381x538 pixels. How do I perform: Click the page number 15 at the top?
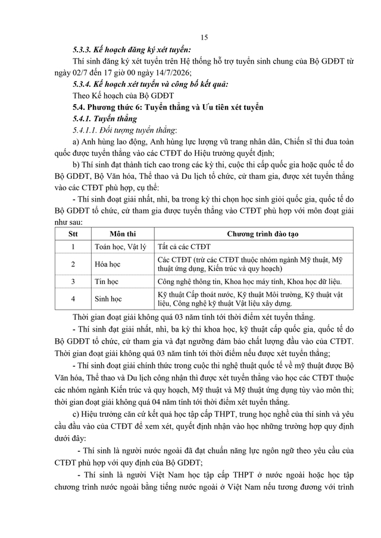(204, 37)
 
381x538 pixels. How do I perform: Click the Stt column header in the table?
(72, 234)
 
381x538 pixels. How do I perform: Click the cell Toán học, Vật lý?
(120, 246)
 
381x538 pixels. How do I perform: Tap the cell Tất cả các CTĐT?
(184, 246)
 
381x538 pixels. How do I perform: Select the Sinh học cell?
(108, 299)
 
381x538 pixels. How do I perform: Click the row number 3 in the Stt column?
(72, 281)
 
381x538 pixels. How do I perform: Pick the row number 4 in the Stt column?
(72, 299)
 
